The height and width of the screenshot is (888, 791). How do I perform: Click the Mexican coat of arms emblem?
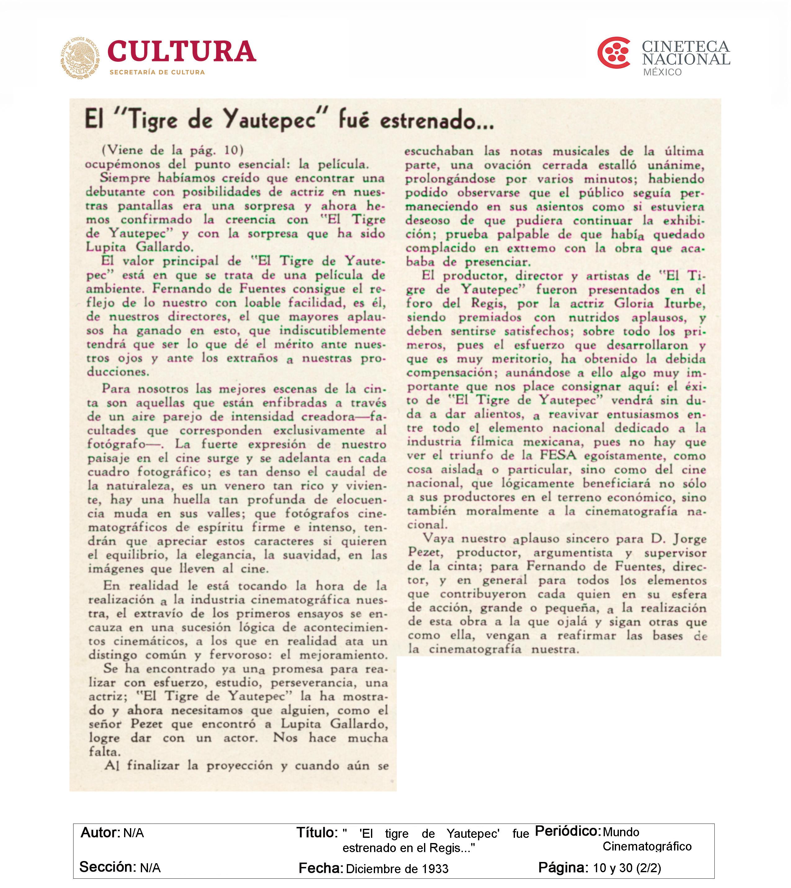[x=80, y=58]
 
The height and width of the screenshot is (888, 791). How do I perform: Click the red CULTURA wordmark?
[x=181, y=52]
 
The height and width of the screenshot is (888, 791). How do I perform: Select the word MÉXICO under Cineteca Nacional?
[x=662, y=72]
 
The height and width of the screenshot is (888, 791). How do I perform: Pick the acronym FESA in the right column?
[x=558, y=455]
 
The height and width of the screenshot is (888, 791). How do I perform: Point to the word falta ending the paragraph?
[x=104, y=752]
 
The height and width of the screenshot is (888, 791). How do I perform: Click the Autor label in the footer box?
[x=100, y=833]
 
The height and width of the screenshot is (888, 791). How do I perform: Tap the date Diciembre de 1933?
[x=397, y=868]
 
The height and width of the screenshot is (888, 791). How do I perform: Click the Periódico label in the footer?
[x=567, y=831]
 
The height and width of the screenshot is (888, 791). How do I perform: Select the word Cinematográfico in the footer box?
[x=647, y=846]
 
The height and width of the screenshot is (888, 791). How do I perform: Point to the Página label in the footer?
[x=563, y=867]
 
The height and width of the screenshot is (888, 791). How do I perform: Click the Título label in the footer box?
[x=317, y=833]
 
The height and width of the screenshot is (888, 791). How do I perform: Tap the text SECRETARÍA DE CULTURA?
[x=157, y=72]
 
